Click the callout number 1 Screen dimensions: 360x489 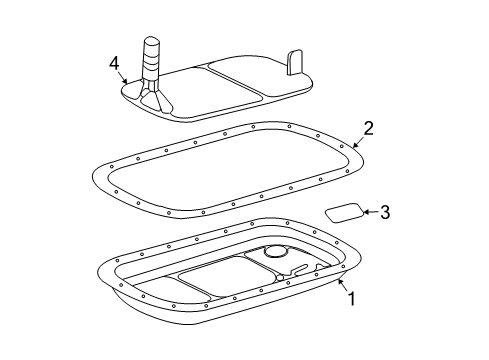pyautogui.click(x=351, y=298)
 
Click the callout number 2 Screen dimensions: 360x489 pyautogui.click(x=369, y=128)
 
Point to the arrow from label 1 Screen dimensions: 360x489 pyautogui.click(x=340, y=286)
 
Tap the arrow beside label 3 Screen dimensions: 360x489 pyautogui.click(x=371, y=211)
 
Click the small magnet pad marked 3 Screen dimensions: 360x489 pyautogui.click(x=343, y=212)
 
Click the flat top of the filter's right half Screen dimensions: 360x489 pyautogui.click(x=255, y=78)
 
